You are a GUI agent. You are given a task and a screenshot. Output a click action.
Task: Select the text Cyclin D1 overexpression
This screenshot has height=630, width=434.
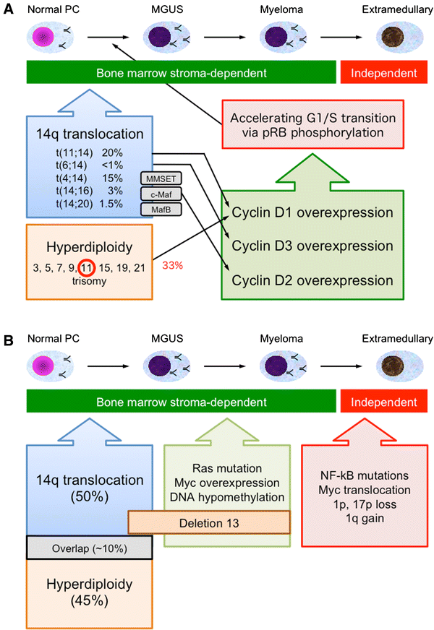click(312, 213)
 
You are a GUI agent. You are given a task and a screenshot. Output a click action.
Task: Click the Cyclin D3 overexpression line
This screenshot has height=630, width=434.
click(312, 246)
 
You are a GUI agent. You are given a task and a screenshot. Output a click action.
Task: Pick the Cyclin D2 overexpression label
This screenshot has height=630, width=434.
click(312, 280)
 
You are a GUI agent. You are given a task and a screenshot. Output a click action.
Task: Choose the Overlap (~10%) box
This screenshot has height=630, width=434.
click(88, 547)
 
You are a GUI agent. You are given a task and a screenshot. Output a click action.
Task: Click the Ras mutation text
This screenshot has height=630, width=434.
click(226, 467)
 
